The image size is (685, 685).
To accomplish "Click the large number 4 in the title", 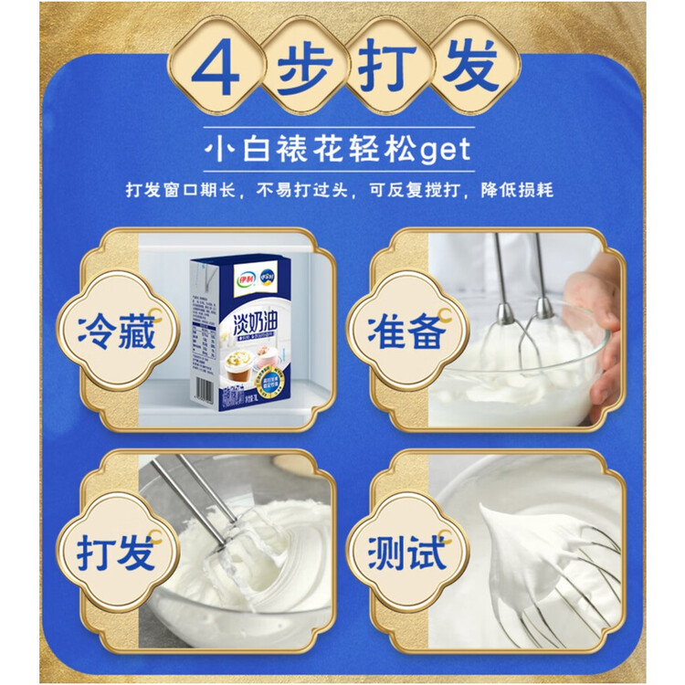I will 218,69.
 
